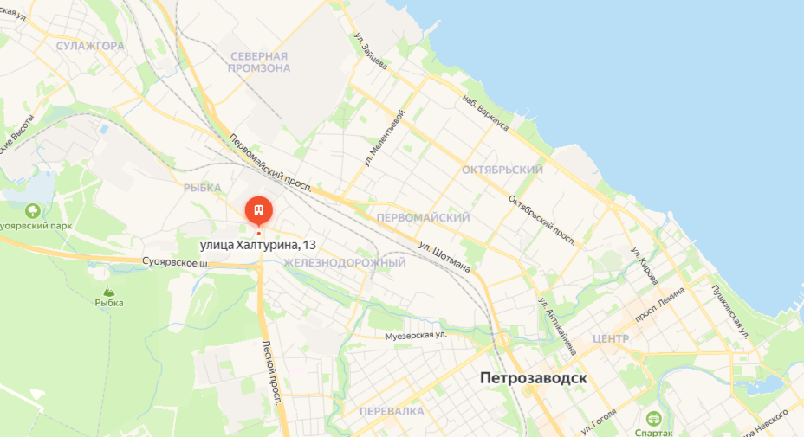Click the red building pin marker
pyautogui.click(x=258, y=210)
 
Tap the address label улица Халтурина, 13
pyautogui.click(x=257, y=246)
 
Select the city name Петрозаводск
pyautogui.click(x=534, y=379)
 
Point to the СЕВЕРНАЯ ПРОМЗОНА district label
pyautogui.click(x=259, y=61)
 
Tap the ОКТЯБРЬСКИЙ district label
pyautogui.click(x=502, y=170)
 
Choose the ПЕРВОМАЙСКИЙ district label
pyautogui.click(x=424, y=217)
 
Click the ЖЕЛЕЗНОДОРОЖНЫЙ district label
pyautogui.click(x=345, y=262)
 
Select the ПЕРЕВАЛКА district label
pyautogui.click(x=392, y=411)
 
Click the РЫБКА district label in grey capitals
pyautogui.click(x=203, y=186)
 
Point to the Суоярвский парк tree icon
pyautogui.click(x=33, y=209)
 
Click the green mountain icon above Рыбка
pyautogui.click(x=109, y=292)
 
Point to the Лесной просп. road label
pyautogui.click(x=271, y=372)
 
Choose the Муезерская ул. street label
pyautogui.click(x=416, y=334)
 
